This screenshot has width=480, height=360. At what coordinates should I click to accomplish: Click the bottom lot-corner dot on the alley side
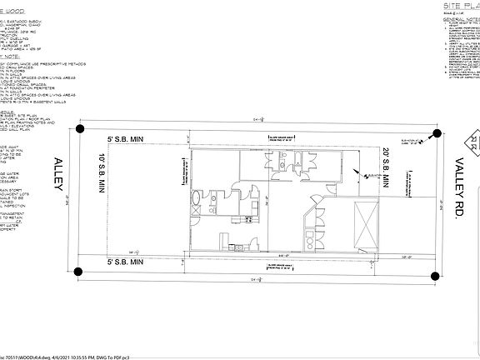coord(79,272)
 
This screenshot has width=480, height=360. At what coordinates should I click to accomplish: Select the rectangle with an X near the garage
coord(365,224)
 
